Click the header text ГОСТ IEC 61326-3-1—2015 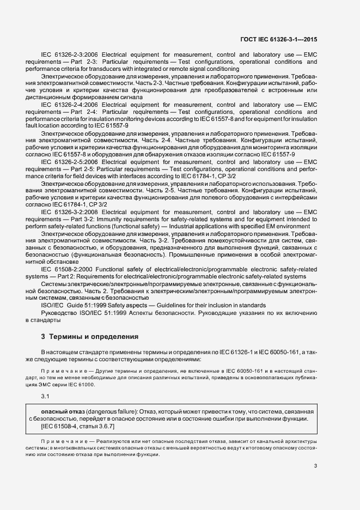pos(286,40)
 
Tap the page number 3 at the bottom pos(315,466)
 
